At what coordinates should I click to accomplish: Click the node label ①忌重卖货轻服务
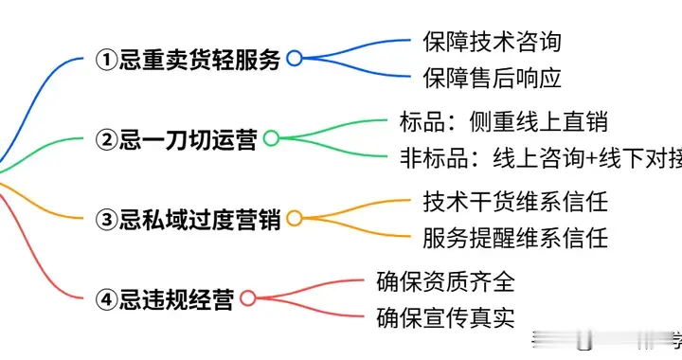189,59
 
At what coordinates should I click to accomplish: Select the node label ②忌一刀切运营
177,139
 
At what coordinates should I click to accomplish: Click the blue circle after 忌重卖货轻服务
294,59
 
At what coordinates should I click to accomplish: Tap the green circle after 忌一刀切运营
271,139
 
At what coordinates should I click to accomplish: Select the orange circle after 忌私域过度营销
294,219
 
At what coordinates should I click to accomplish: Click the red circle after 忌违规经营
247,298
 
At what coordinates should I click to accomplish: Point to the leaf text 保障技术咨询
492,42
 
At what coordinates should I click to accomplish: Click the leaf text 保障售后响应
492,77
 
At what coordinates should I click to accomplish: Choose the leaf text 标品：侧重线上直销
503,121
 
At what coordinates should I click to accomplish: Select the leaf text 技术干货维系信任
514,202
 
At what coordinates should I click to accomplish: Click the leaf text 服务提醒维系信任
514,237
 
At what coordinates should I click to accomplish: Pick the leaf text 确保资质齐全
445,281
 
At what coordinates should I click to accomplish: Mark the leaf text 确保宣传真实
445,316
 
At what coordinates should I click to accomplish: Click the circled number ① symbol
108,60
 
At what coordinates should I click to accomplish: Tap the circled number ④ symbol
108,299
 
